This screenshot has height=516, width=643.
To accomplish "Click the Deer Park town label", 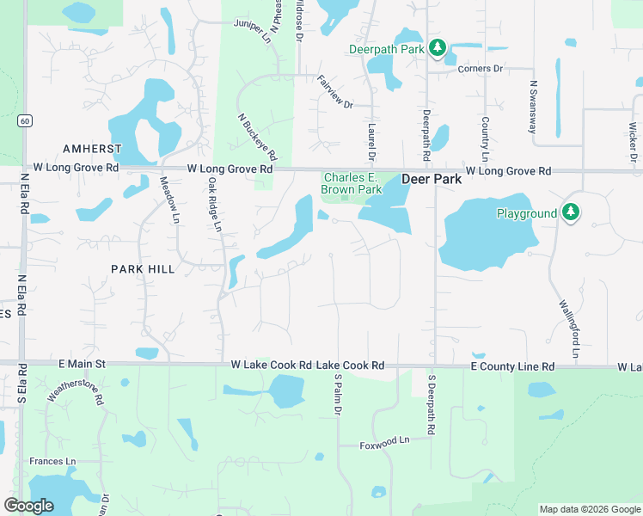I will [x=432, y=180].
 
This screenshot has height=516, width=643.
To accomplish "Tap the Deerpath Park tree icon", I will [x=438, y=48].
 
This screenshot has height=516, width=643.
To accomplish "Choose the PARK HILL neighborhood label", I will [x=143, y=269].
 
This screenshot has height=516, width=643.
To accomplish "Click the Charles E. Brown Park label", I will [x=351, y=183].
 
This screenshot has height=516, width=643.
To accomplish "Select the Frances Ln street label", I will [x=52, y=462].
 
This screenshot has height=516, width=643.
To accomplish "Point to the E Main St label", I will [x=82, y=365].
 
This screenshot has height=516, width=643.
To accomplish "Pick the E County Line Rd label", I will [x=512, y=366].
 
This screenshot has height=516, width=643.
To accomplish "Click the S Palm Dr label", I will [x=338, y=396].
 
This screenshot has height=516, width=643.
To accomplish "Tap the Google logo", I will [x=29, y=506].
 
